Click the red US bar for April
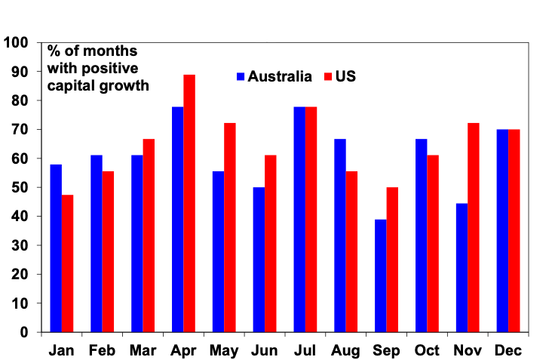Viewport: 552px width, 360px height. tap(189, 204)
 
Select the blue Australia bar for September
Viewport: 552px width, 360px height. tap(380, 275)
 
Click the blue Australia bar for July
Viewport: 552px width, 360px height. tap(299, 220)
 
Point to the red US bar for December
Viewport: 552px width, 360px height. tap(514, 231)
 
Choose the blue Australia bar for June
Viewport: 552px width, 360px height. tap(259, 260)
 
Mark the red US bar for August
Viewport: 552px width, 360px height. tap(351, 252)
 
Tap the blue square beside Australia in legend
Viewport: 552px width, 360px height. tap(241, 76)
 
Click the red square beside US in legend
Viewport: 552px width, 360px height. tap(327, 76)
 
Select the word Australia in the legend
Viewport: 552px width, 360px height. tap(280, 76)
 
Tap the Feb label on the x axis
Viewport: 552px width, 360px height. tap(102, 351)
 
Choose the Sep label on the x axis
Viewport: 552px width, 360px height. tap(386, 351)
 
